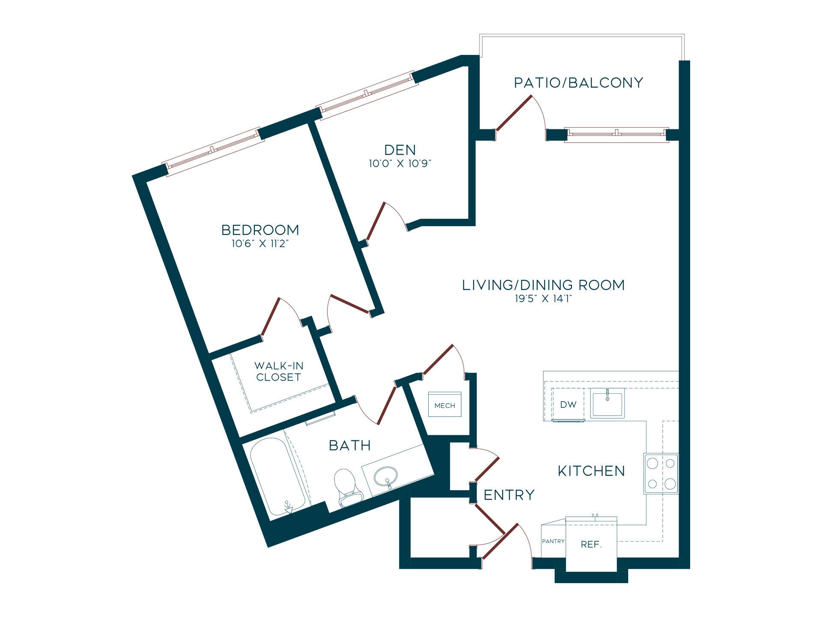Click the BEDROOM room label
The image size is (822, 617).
click(x=260, y=230)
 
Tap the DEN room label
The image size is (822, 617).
click(x=400, y=150)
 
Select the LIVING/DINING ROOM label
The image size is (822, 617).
click(x=544, y=285)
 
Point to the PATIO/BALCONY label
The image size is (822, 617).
click(x=579, y=83)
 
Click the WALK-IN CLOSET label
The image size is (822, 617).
click(x=279, y=371)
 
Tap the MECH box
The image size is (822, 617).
click(x=445, y=404)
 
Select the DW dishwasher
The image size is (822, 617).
click(x=568, y=404)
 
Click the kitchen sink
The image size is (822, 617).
click(x=607, y=403)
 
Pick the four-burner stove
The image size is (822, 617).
click(x=661, y=473)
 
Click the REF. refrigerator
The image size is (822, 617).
click(x=591, y=544)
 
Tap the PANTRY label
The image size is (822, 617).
click(x=554, y=541)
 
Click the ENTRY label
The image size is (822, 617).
click(x=509, y=495)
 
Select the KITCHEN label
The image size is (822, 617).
click(x=591, y=471)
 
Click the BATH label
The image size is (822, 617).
click(x=350, y=446)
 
